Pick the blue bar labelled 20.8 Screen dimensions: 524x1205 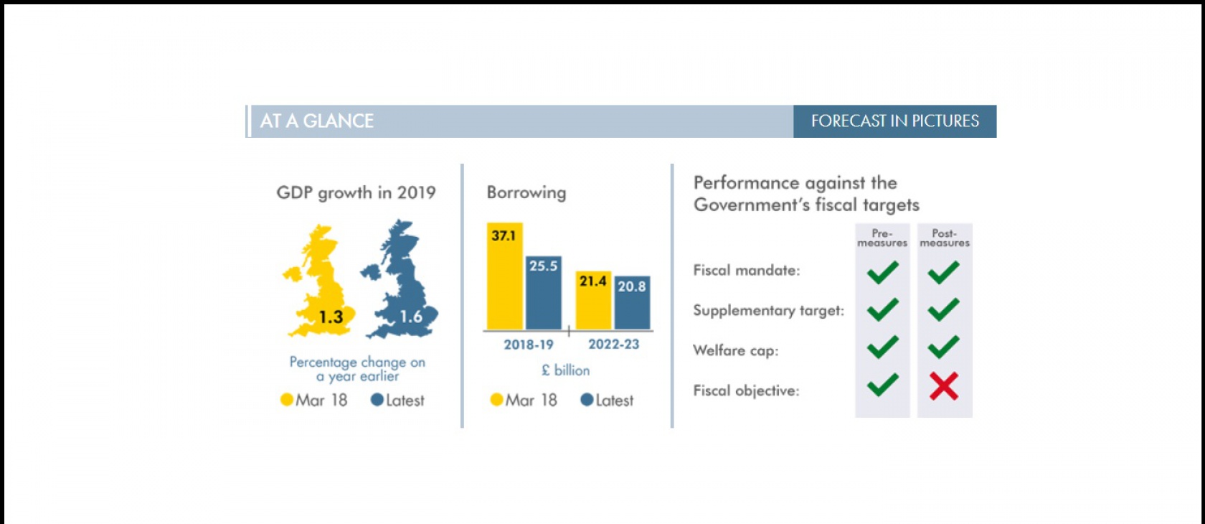[x=632, y=303]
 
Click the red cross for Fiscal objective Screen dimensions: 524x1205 [x=944, y=386]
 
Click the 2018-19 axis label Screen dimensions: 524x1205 [x=529, y=345]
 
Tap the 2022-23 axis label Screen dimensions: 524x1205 [x=613, y=345]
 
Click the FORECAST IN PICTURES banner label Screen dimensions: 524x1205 [x=894, y=121]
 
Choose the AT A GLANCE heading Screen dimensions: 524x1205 [x=317, y=121]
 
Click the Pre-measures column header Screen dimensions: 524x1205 [x=882, y=238]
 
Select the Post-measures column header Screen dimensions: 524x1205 [x=945, y=238]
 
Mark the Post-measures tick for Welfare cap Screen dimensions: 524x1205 [x=943, y=347]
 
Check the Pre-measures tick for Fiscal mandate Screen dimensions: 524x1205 [x=882, y=272]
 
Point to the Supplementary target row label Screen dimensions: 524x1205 [x=768, y=311]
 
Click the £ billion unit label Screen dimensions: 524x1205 [x=565, y=370]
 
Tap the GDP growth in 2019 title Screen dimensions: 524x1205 [x=356, y=193]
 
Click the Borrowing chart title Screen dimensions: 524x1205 [x=526, y=192]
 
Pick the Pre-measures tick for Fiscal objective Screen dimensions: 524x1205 [x=882, y=385]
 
